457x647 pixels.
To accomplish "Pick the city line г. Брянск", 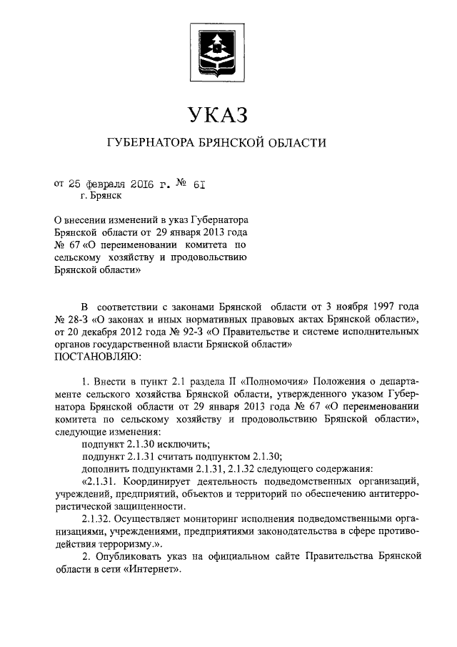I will (x=101, y=194).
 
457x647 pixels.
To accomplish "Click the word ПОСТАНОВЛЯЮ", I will (x=98, y=355).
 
